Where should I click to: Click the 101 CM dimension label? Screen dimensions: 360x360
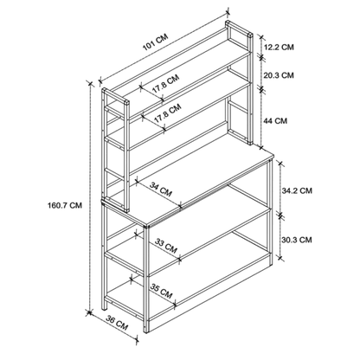(155, 43)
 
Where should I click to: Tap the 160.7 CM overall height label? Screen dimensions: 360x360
(65, 205)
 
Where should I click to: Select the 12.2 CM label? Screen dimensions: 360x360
(279, 47)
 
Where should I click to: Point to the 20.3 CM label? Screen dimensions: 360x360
(279, 75)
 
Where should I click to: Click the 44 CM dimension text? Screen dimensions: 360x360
(275, 120)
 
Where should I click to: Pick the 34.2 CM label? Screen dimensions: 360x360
(297, 190)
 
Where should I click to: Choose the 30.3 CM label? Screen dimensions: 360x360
(297, 240)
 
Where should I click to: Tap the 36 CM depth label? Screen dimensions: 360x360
(117, 323)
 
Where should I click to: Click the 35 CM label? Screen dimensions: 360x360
(161, 292)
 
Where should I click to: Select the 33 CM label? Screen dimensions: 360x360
(166, 246)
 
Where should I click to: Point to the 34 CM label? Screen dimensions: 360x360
(161, 190)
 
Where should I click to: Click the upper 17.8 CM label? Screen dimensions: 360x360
(165, 84)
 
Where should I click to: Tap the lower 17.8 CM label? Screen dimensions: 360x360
(167, 112)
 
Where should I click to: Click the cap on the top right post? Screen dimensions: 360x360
(250, 36)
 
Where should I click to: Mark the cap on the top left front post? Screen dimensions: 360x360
(126, 103)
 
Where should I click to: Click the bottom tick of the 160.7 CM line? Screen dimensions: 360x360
(90, 312)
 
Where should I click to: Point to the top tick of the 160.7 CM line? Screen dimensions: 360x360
(90, 84)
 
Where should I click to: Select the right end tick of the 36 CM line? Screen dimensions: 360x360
(137, 338)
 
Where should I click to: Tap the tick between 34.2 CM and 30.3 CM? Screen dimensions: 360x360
(280, 215)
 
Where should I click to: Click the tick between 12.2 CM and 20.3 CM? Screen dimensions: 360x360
(262, 58)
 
